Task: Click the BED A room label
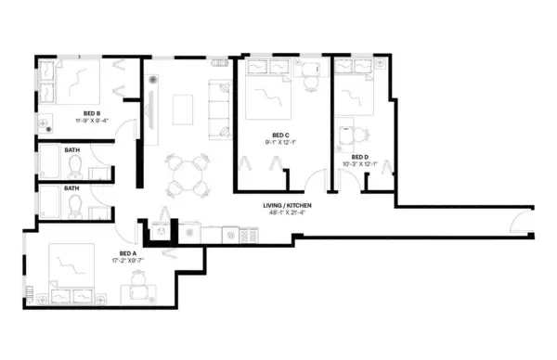128,253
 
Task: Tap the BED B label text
92,113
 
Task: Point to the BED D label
360,157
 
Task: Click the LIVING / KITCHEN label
286,205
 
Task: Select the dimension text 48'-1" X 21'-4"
286,212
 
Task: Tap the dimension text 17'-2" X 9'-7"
128,261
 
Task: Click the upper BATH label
71,149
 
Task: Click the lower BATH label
71,186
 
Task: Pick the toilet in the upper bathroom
76,168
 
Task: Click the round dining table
184,173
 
